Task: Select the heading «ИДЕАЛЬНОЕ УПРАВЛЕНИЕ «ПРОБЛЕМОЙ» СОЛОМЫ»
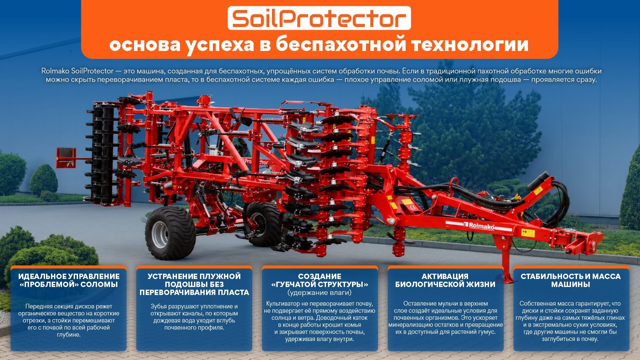(x=69, y=280)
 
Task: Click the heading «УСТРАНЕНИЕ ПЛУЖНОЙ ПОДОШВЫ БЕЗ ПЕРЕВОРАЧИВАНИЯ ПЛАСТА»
(x=194, y=284)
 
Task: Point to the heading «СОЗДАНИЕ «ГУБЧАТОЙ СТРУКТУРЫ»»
(x=320, y=280)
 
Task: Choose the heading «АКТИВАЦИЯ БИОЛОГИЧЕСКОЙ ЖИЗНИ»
(x=445, y=280)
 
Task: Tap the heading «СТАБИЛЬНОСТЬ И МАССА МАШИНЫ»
(x=570, y=280)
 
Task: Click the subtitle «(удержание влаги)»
(x=319, y=293)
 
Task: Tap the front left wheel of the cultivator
(x=170, y=233)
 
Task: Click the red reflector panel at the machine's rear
(x=66, y=158)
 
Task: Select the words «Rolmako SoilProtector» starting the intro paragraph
(x=77, y=71)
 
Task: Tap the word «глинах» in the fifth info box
(x=615, y=318)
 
